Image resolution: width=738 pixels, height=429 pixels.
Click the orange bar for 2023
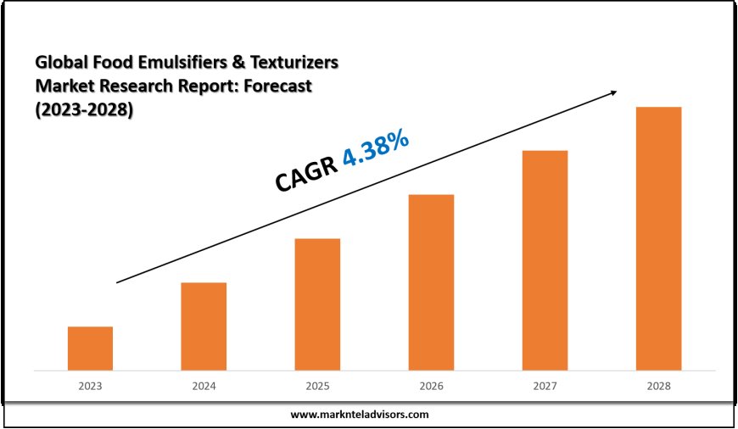[x=90, y=348]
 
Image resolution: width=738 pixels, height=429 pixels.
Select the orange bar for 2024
[x=204, y=326]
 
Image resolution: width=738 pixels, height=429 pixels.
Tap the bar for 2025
[x=317, y=304]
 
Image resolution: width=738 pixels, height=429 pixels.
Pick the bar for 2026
[x=431, y=282]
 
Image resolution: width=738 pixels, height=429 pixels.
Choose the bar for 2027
[x=545, y=260]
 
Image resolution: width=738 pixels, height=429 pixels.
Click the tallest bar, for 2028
[x=658, y=238]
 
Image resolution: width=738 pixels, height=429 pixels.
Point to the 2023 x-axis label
[x=90, y=386]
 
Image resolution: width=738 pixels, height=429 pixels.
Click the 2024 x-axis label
[x=204, y=386]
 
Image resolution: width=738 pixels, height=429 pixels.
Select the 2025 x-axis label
[x=317, y=386]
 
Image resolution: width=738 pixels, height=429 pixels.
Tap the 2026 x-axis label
[x=431, y=386]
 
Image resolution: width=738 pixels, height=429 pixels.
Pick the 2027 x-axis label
[x=545, y=386]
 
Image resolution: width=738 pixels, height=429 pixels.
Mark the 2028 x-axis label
[x=658, y=386]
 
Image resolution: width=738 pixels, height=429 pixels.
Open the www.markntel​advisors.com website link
[x=360, y=415]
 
